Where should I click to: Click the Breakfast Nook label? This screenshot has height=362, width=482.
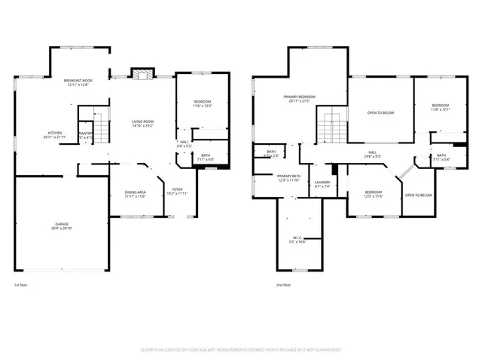coord(77,80)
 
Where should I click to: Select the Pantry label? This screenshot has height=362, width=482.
coord(85,133)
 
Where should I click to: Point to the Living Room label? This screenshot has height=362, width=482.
coord(142,121)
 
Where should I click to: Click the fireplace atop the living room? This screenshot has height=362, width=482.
coord(142,73)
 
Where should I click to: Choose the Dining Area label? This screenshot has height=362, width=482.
coord(136,193)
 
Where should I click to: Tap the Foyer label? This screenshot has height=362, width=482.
coord(178,189)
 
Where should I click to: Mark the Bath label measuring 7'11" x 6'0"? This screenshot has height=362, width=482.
coord(205,156)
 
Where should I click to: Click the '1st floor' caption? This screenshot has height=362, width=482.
coord(22,285)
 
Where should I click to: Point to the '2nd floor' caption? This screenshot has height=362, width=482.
coord(285,285)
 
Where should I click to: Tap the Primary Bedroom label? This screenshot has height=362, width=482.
coord(299,97)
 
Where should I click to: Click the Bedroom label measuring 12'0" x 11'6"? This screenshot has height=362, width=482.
coord(374,193)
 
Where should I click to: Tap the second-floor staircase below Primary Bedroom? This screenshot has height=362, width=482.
coord(329,124)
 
